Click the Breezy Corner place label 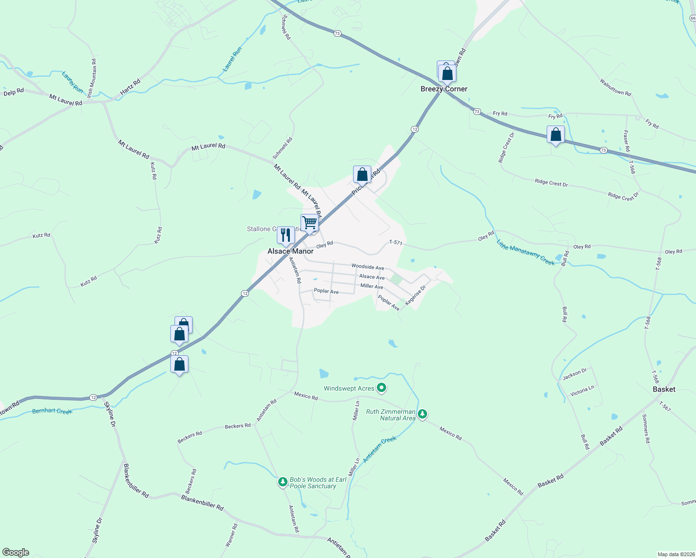[444, 89]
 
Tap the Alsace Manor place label [290, 251]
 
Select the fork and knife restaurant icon [286, 235]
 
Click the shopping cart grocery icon [309, 223]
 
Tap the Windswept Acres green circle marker [381, 387]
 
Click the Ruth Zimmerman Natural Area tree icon [422, 413]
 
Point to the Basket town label [664, 389]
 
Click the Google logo [15, 552]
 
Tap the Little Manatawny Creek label [525, 252]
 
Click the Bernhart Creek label [52, 411]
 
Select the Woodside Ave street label [368, 267]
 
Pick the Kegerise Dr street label [415, 296]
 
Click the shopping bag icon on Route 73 [555, 135]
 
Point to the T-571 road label [395, 242]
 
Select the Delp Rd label [13, 92]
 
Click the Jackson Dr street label [575, 373]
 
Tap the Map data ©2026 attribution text [676, 554]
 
